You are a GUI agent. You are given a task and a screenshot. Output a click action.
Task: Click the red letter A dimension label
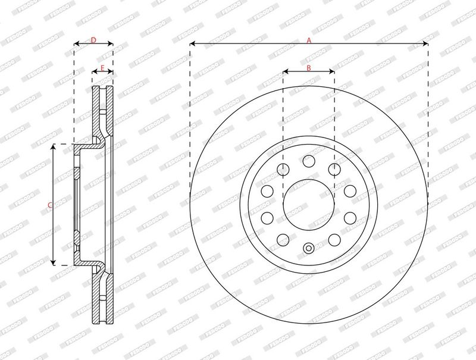coord(308,40)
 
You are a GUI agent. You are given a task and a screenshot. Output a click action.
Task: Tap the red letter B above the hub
coord(308,67)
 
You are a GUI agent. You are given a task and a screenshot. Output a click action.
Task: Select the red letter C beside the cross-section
coord(50,205)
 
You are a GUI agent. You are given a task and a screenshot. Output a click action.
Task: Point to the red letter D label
coord(93,40)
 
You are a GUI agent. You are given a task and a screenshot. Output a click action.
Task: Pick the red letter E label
coord(102,68)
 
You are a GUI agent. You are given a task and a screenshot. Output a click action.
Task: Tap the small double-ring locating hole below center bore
coord(308,249)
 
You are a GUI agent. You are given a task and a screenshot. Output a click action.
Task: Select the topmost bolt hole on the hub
coord(308,161)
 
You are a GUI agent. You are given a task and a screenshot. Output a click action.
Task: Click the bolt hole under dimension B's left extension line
coord(283,170)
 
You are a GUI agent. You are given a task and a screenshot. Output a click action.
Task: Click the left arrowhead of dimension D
coord(76,44)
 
